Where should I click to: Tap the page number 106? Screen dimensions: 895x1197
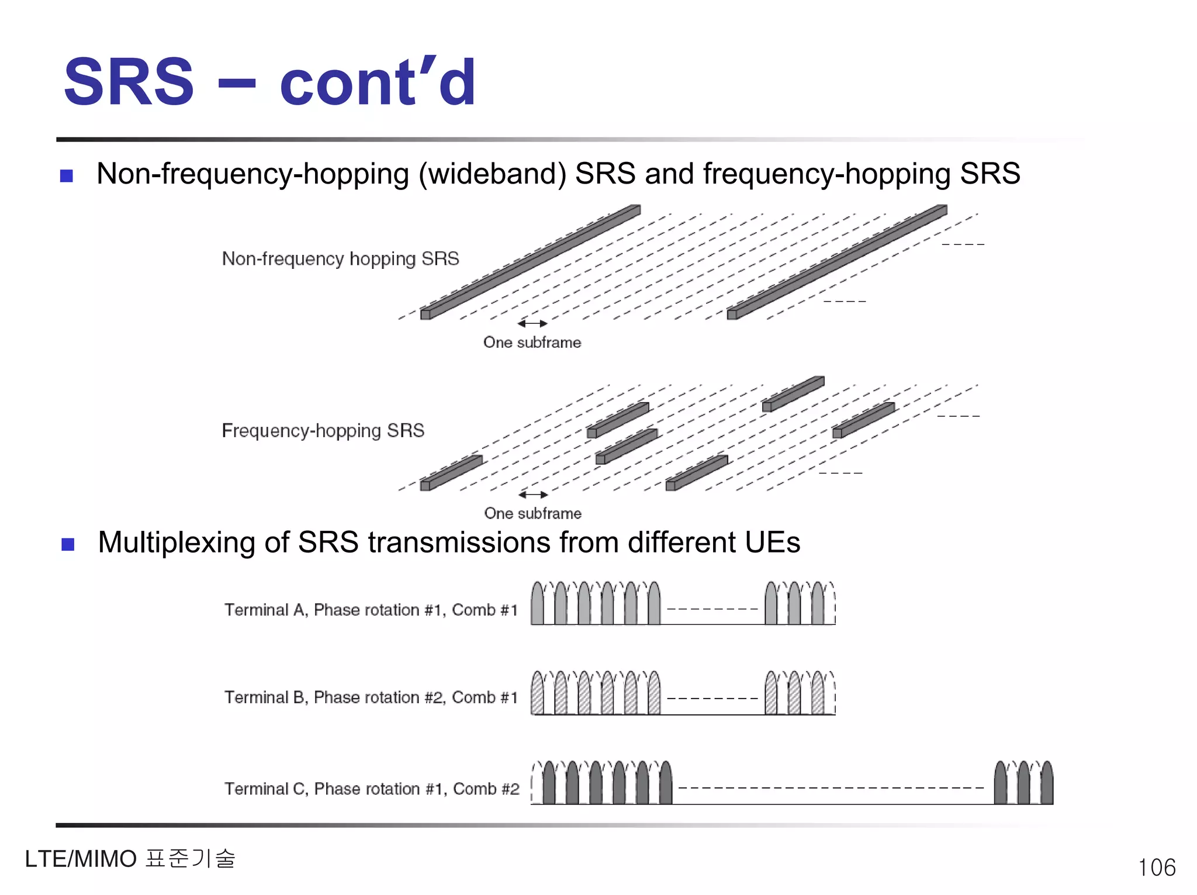pos(1156,868)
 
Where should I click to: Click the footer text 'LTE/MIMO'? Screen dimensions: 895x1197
pos(81,859)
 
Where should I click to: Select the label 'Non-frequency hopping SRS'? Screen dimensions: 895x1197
pos(340,258)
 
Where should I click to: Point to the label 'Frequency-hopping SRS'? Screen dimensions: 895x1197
pos(323,431)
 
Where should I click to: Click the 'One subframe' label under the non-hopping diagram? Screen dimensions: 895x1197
pos(532,343)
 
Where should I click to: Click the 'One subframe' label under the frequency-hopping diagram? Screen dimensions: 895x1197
pos(532,513)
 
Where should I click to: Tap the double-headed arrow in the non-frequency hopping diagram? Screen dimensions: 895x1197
pos(532,323)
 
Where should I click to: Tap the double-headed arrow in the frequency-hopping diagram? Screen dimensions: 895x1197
pos(533,495)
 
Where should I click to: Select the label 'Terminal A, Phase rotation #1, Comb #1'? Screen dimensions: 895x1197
pos(371,610)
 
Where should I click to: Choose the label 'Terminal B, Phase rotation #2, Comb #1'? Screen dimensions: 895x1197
pos(371,697)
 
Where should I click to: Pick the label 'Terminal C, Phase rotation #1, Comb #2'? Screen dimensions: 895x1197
pos(372,789)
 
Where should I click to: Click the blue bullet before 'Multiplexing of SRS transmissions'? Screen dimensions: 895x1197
pos(68,544)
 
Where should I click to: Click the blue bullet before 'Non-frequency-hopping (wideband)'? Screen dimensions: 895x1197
pos(67,175)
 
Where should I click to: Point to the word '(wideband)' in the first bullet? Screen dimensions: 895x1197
pos(492,174)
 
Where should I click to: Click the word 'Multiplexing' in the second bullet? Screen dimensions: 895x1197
pos(177,543)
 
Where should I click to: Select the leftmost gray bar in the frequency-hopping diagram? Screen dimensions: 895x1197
pos(451,473)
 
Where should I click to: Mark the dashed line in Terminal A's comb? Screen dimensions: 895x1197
pos(712,609)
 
